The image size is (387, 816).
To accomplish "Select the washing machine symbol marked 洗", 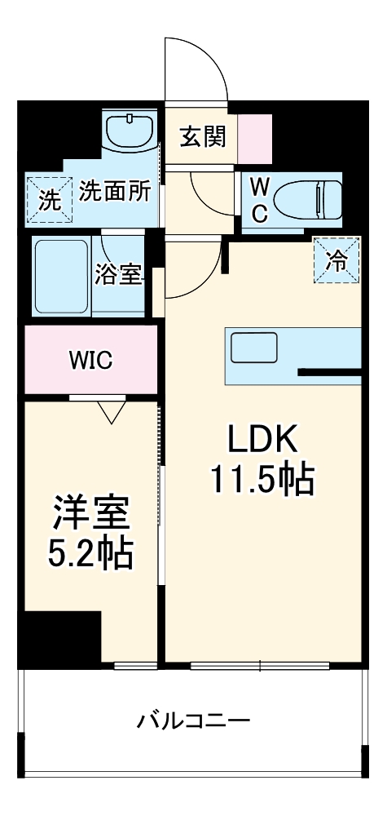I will click(49, 199).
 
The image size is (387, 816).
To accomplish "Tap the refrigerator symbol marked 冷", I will click(336, 259).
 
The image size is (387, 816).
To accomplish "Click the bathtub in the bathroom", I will click(61, 275).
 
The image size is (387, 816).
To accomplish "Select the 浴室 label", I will click(119, 275).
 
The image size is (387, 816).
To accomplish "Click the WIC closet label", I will click(90, 359).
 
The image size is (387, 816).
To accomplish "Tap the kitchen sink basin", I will click(253, 349).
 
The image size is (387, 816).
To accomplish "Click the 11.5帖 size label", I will click(262, 480).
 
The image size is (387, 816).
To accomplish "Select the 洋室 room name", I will click(90, 517).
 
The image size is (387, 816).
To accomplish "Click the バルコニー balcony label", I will click(193, 721).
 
